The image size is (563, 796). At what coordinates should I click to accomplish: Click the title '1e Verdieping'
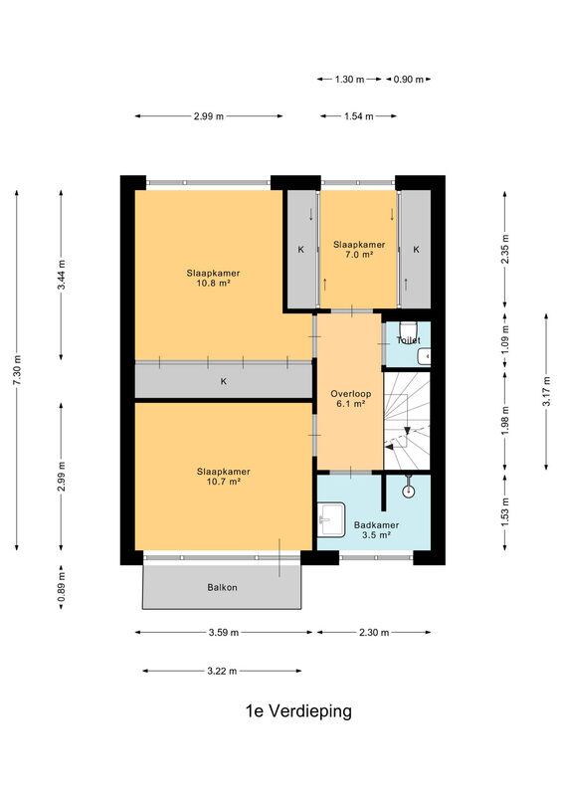click(298, 711)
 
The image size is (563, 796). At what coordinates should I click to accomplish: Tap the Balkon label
click(223, 587)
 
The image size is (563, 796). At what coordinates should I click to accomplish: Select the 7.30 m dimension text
click(17, 369)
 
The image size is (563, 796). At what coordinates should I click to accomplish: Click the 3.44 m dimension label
click(61, 275)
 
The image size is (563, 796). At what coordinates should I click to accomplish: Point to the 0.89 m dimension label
click(61, 587)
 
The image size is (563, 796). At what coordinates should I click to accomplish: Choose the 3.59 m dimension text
click(224, 633)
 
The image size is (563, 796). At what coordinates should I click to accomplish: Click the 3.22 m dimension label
click(222, 671)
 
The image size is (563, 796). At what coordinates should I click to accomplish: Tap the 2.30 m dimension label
click(374, 633)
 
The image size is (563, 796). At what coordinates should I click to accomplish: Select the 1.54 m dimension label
click(359, 116)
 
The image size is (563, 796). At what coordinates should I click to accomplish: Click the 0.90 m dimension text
click(408, 80)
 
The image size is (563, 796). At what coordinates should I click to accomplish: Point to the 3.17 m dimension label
click(546, 391)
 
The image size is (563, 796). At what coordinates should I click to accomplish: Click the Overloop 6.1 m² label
click(350, 399)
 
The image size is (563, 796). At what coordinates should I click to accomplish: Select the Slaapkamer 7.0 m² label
click(359, 250)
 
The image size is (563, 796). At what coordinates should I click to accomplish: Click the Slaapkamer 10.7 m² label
click(224, 477)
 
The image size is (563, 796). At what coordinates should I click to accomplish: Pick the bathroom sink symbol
click(331, 518)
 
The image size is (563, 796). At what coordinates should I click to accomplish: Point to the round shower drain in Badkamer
click(408, 491)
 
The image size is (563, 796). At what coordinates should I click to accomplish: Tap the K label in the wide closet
click(224, 381)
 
